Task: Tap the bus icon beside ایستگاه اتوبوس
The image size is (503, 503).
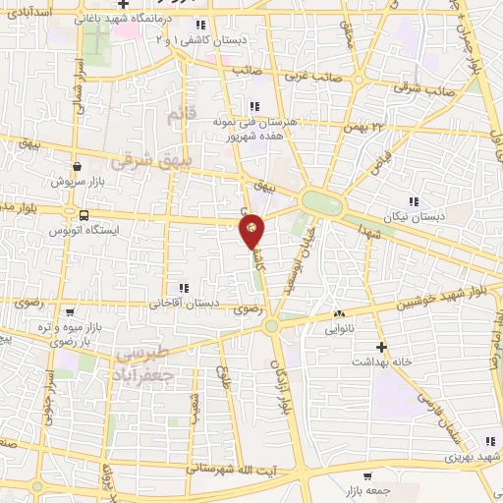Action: pos(83,215)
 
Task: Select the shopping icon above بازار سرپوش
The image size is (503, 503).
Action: pos(77,166)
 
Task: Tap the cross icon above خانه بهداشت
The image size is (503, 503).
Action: pos(381,346)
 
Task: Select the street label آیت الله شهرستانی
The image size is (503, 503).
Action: pos(242,472)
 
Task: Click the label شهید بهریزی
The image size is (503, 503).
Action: pos(465,458)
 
